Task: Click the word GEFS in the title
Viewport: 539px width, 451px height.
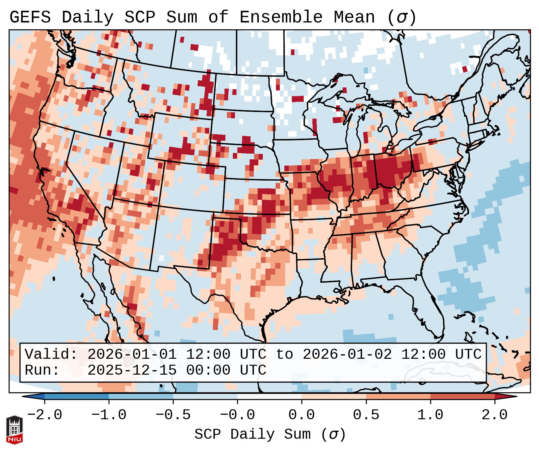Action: (30, 17)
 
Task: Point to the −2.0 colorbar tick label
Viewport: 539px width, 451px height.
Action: (45, 415)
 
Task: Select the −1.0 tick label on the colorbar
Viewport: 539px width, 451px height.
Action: (109, 415)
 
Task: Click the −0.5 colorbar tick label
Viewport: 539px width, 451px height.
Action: (173, 415)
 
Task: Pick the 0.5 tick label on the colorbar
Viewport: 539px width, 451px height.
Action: (366, 415)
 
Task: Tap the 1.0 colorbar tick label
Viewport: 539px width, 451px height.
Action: (430, 415)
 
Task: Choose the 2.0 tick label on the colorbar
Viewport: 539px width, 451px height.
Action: (494, 415)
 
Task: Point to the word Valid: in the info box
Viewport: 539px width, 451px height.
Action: (51, 354)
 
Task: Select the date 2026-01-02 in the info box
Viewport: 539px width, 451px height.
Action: (347, 354)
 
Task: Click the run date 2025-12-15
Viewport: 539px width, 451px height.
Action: (132, 370)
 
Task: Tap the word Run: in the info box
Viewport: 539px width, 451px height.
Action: (42, 370)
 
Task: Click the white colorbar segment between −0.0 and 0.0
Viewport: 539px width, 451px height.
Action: (269, 397)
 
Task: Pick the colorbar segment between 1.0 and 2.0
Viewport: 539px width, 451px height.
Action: (462, 397)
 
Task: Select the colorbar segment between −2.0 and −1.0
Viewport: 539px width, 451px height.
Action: (77, 397)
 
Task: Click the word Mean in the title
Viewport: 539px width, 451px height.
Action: (354, 17)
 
